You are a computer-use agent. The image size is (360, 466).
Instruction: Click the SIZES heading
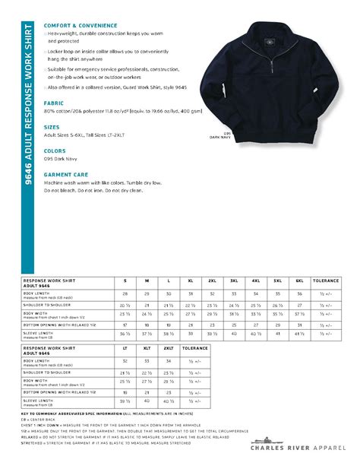pos(52,127)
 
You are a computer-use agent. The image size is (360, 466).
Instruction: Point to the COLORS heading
pos(55,151)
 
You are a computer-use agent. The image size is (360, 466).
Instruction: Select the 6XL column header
pos(299,281)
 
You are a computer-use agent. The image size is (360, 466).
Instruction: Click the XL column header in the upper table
pos(191,281)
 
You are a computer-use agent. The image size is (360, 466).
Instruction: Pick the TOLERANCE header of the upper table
pos(326,281)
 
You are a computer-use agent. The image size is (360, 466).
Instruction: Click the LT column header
pos(125,347)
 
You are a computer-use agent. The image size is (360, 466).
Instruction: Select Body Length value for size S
pos(125,293)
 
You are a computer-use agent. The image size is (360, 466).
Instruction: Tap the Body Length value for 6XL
pos(299,293)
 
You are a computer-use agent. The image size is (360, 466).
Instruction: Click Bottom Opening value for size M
pos(147,323)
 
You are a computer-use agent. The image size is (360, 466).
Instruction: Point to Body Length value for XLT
pos(147,360)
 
